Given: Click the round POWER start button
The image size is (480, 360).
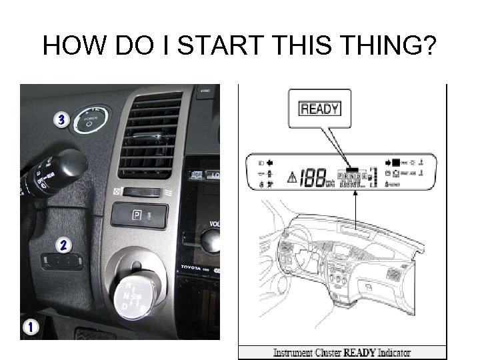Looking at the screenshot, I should click(91, 121).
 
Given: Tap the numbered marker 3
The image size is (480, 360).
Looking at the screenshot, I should click(61, 120).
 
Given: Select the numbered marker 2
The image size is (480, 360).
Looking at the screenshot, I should click(63, 245).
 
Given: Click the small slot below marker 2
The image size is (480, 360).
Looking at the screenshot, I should click(62, 261).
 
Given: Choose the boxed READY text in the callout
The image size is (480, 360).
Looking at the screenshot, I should click(320, 108).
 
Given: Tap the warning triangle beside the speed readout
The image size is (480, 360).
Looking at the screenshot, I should click(291, 178).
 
